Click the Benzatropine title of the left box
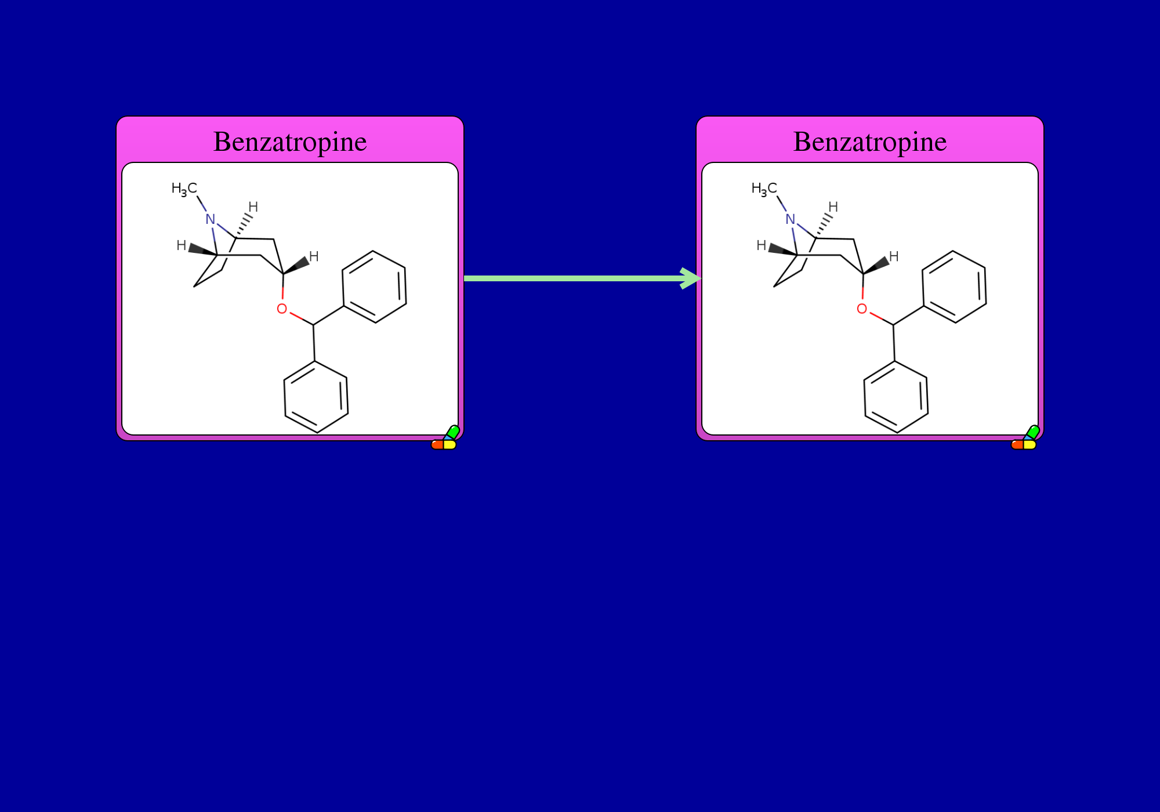(x=290, y=142)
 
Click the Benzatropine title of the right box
(x=870, y=142)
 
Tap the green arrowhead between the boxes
(x=691, y=278)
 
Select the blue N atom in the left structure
(x=211, y=219)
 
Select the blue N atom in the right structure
(x=791, y=219)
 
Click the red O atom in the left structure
(x=282, y=309)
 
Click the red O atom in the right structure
(x=862, y=309)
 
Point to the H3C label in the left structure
(x=184, y=189)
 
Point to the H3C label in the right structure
(x=764, y=189)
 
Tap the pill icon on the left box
(x=445, y=438)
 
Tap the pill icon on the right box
(x=1025, y=438)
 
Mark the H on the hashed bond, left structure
(x=253, y=207)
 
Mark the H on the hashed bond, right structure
(x=833, y=207)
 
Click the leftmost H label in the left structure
(x=182, y=245)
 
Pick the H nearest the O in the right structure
(x=894, y=256)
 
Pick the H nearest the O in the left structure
(x=314, y=256)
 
